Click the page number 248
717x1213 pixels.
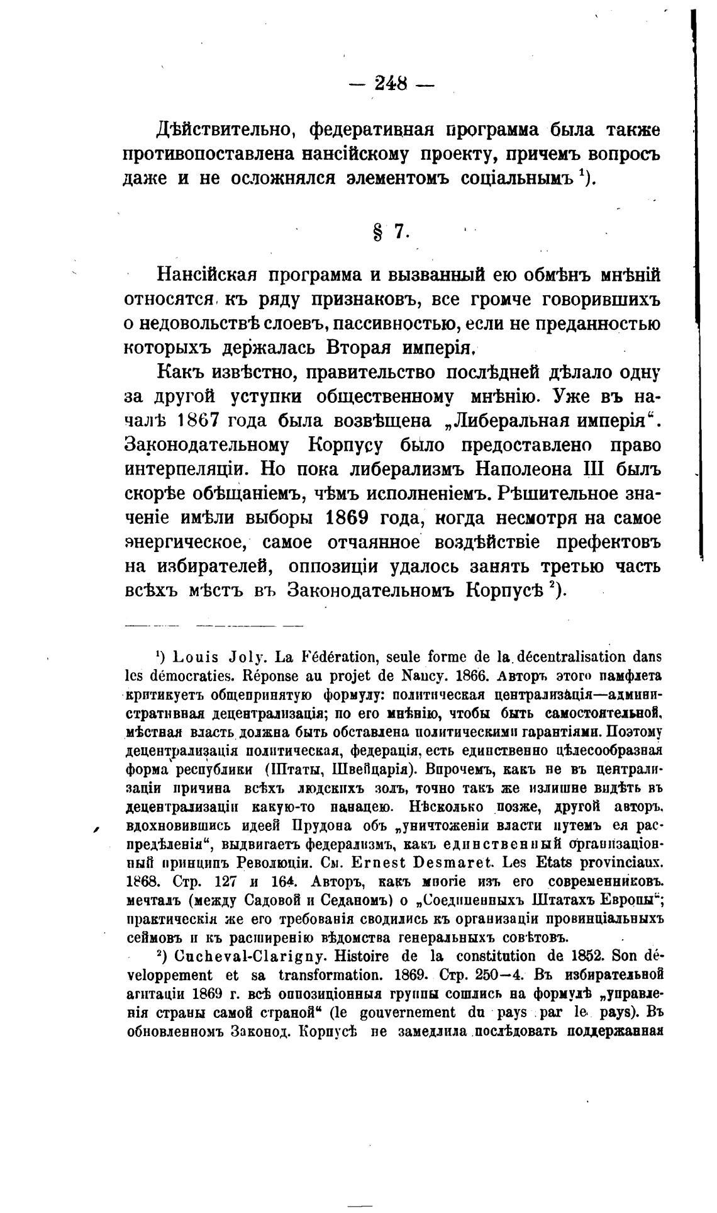391,84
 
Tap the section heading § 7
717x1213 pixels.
391,232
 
